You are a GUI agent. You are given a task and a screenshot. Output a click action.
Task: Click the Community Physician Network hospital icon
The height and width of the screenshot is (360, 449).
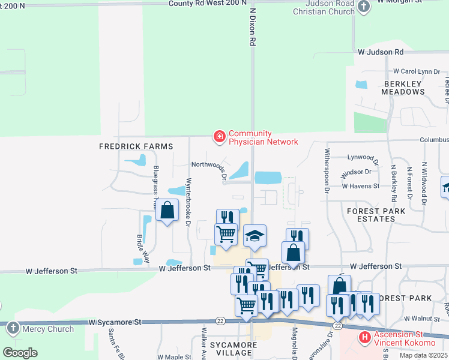220,138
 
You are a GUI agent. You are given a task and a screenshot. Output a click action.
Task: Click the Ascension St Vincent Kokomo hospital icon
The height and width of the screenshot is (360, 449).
364,337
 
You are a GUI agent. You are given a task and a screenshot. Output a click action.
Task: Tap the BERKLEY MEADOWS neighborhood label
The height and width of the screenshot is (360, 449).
403,87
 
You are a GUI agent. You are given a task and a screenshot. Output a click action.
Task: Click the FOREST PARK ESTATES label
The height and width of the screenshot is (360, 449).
376,215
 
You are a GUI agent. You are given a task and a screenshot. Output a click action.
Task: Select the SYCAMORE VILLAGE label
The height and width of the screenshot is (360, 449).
234,349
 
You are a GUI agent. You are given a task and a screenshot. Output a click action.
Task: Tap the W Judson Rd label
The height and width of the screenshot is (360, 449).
381,53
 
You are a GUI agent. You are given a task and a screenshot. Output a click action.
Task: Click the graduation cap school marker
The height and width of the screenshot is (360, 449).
255,236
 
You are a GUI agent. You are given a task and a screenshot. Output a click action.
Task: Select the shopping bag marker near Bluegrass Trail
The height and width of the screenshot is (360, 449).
167,210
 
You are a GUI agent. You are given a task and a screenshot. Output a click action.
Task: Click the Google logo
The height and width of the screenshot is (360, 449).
20,352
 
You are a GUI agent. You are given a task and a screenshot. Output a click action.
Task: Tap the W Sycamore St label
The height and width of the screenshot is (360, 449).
115,322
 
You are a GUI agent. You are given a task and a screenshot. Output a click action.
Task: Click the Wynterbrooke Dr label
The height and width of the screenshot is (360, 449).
188,202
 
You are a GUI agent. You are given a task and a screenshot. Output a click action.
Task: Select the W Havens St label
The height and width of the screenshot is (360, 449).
360,186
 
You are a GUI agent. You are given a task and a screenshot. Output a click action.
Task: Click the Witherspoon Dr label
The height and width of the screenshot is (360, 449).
328,170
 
